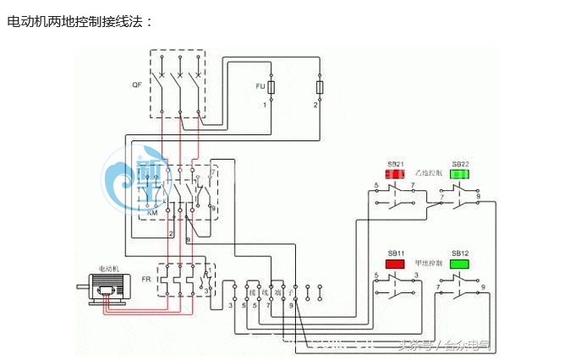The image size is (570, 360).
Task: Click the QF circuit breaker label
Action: [137, 85]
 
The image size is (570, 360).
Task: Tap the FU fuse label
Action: [260, 86]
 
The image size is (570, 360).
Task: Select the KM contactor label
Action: [153, 213]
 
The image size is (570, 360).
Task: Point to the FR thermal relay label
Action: [146, 278]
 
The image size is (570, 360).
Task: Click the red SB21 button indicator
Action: [395, 175]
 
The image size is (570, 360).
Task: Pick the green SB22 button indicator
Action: [459, 175]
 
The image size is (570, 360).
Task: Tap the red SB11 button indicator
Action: [395, 264]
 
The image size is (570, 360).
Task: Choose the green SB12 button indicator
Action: [459, 264]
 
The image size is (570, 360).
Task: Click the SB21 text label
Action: [396, 163]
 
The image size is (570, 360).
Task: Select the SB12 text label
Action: [460, 252]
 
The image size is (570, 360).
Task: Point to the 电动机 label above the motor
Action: [110, 268]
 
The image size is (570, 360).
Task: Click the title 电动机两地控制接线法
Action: [79, 21]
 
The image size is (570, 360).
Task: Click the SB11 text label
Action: [396, 252]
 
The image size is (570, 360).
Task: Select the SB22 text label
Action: [460, 163]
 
